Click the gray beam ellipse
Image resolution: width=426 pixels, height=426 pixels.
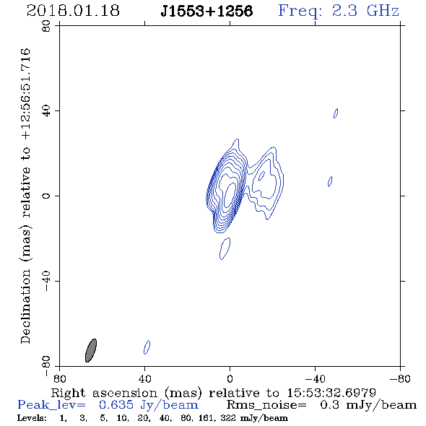91,350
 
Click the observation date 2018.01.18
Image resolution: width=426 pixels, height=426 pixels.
73,11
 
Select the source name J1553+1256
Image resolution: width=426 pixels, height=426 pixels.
207,11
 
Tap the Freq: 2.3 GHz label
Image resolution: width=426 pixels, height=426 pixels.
339,11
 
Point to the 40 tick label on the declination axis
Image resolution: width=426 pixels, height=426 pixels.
46,110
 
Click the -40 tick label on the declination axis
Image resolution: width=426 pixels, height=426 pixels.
46,281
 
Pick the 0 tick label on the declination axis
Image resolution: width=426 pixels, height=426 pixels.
46,196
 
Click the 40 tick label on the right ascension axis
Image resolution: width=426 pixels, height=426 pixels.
144,379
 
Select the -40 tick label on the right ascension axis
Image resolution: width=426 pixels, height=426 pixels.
315,379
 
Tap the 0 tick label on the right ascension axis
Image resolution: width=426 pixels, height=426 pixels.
230,379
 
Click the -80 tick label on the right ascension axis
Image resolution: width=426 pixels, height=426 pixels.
400,379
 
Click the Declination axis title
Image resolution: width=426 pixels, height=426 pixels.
25,196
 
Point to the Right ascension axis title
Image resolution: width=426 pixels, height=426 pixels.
213,393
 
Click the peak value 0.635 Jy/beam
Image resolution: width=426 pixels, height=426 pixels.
148,405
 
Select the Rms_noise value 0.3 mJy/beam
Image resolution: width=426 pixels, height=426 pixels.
368,405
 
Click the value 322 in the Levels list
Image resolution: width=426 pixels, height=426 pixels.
228,418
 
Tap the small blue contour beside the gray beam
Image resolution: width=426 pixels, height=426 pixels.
147,347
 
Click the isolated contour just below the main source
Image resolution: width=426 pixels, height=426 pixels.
225,248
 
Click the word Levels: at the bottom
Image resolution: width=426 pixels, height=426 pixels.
32,418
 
